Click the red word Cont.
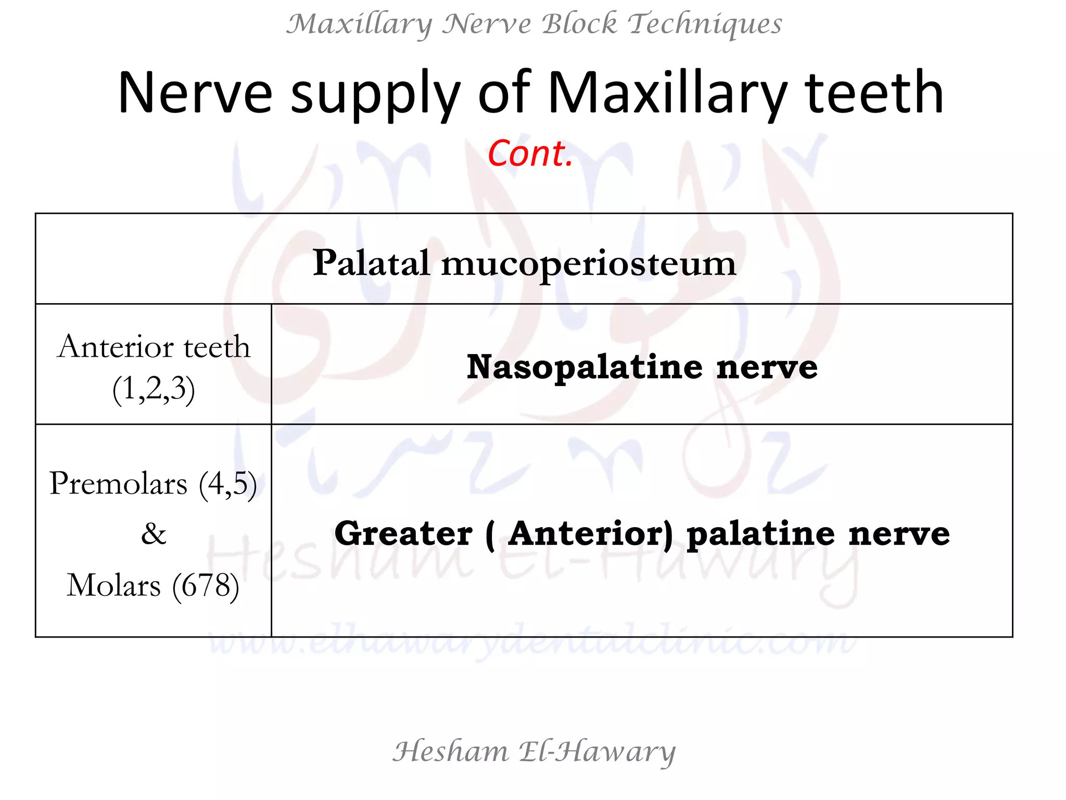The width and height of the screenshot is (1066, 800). [530, 154]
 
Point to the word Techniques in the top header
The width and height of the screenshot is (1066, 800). [704, 24]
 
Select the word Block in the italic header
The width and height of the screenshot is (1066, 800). [579, 24]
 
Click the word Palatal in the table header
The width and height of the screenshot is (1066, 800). [371, 262]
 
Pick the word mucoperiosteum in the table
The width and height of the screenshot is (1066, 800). [589, 265]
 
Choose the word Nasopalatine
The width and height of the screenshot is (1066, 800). [585, 367]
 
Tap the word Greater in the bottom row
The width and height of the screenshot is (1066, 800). [403, 533]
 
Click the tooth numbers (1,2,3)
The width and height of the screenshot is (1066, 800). [154, 389]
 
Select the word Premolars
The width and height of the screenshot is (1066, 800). [118, 483]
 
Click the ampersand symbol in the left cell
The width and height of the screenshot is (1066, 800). [154, 534]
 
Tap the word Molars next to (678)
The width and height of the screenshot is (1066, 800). [114, 585]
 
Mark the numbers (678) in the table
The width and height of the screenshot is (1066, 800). [206, 585]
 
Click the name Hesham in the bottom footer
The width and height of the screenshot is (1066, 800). [450, 752]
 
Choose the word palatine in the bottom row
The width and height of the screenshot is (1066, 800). [760, 533]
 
